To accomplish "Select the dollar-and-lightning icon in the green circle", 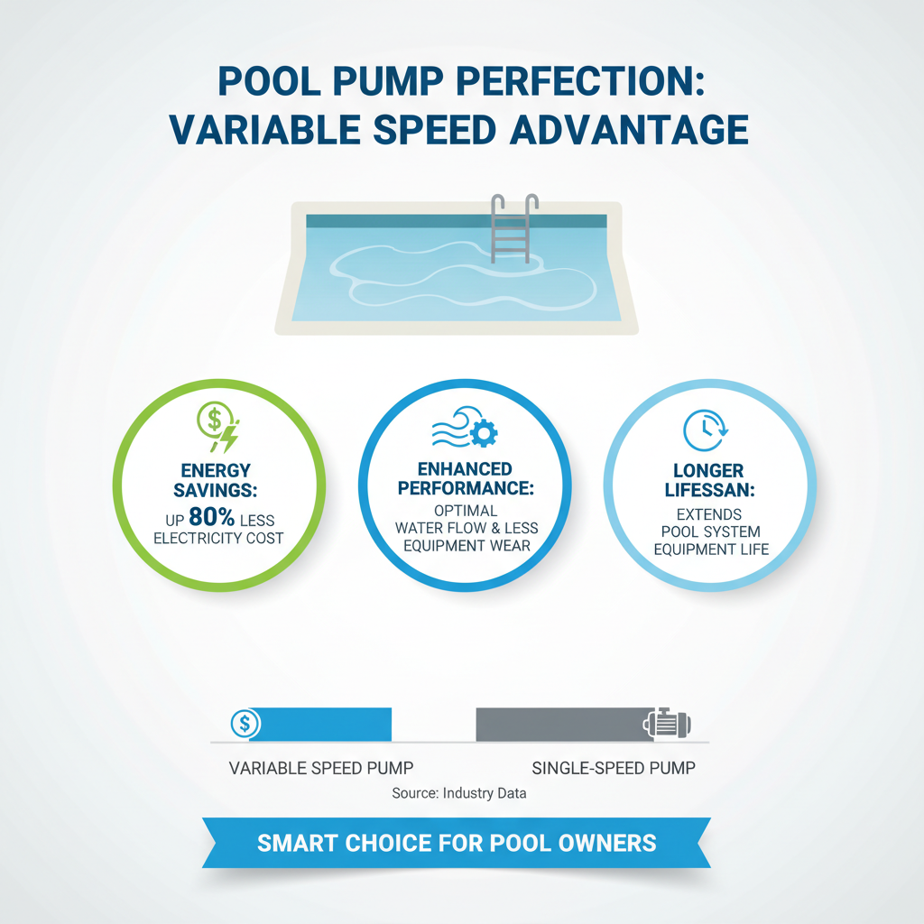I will pyautogui.click(x=218, y=426).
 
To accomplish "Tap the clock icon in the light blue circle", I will pyautogui.click(x=703, y=430).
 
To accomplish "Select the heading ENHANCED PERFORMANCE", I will pyautogui.click(x=465, y=478).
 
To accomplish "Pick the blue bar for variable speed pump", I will pyautogui.click(x=320, y=724).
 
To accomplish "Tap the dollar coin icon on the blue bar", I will pyautogui.click(x=245, y=723).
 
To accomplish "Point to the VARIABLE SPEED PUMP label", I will pyautogui.click(x=321, y=768).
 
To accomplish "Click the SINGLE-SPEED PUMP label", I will pyautogui.click(x=614, y=768).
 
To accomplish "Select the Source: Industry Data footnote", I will pyautogui.click(x=459, y=793).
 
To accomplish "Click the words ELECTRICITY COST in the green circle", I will pyautogui.click(x=218, y=539).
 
